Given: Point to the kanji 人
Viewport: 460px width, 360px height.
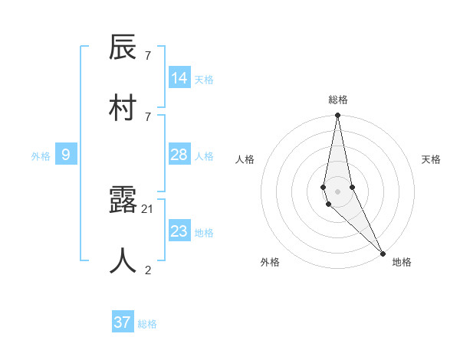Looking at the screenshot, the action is pyautogui.click(x=123, y=260).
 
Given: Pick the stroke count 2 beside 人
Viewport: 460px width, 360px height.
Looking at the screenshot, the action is pyautogui.click(x=148, y=269).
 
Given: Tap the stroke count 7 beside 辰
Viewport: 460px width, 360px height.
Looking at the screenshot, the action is pyautogui.click(x=148, y=56).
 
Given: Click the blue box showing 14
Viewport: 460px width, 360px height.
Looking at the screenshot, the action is pyautogui.click(x=179, y=78).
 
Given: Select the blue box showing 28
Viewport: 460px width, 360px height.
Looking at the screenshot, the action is pyautogui.click(x=179, y=155).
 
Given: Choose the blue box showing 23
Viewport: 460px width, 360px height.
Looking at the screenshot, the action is pyautogui.click(x=179, y=231).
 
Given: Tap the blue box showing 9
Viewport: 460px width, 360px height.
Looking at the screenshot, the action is pyautogui.click(x=66, y=155).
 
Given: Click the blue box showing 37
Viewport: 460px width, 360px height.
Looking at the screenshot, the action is pyautogui.click(x=123, y=322).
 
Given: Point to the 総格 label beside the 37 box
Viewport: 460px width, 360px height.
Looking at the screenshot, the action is pyautogui.click(x=147, y=324).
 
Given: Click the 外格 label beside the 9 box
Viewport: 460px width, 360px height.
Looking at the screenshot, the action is pyautogui.click(x=41, y=156).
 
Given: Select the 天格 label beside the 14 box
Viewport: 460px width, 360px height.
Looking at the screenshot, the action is pyautogui.click(x=204, y=80).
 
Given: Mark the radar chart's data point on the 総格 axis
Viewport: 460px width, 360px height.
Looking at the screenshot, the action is pyautogui.click(x=337, y=116).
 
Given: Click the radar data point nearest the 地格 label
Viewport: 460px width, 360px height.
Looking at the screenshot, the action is pyautogui.click(x=383, y=253).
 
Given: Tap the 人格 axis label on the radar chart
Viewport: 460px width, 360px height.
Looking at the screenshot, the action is pyautogui.click(x=245, y=159).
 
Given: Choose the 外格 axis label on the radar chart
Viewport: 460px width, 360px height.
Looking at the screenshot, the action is pyautogui.click(x=270, y=262).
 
